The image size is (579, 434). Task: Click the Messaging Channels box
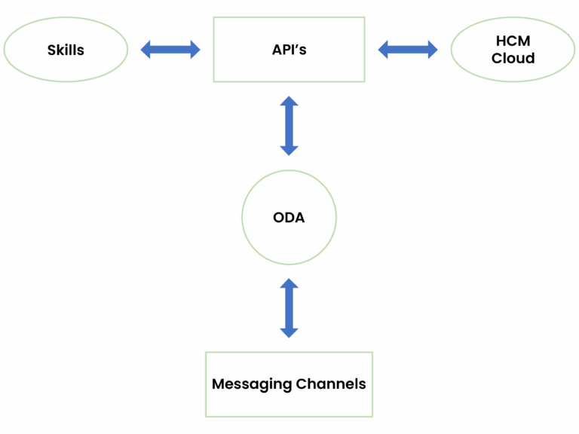(x=289, y=403)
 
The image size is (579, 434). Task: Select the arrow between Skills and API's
(x=171, y=50)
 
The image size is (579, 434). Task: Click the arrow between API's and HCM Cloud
(x=408, y=50)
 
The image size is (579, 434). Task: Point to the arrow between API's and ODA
(x=289, y=125)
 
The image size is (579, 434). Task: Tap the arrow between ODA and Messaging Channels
(x=289, y=307)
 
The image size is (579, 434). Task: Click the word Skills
(x=66, y=50)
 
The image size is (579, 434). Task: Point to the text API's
(x=289, y=50)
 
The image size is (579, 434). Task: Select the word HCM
(x=513, y=42)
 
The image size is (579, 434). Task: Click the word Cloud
(x=513, y=58)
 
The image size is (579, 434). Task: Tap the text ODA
(x=289, y=218)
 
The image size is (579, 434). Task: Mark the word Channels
(x=331, y=384)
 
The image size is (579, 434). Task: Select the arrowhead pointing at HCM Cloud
(x=430, y=50)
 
